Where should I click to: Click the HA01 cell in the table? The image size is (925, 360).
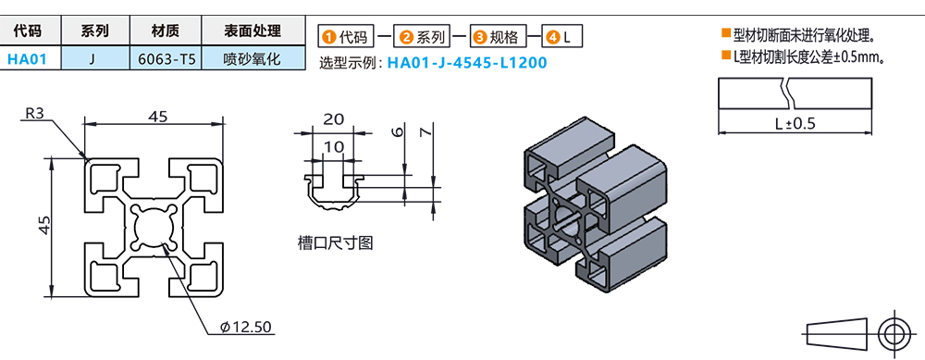[28, 58]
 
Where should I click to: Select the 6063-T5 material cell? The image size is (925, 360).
[166, 58]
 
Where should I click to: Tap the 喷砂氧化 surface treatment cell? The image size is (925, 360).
[253, 58]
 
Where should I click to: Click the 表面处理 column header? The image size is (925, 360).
[253, 31]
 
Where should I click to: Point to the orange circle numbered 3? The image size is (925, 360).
[479, 38]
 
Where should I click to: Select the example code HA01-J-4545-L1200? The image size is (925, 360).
[467, 63]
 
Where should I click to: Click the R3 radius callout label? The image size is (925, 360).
[34, 114]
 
